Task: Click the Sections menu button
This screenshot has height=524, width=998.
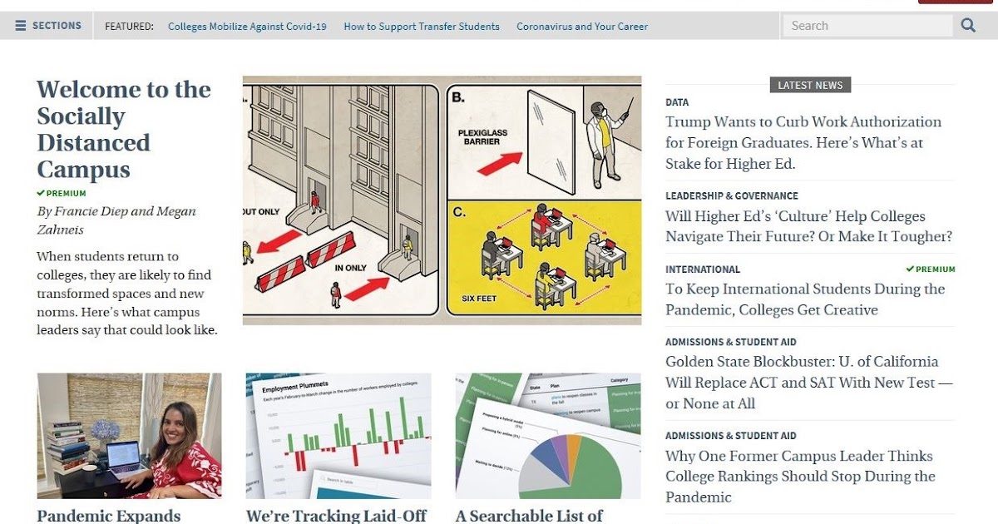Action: click(x=48, y=26)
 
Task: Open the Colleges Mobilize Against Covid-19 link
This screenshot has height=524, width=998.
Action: click(x=247, y=27)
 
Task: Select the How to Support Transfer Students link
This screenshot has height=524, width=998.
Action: click(x=422, y=27)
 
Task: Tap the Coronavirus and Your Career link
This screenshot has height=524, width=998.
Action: click(x=582, y=27)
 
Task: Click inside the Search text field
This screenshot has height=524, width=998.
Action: click(x=867, y=26)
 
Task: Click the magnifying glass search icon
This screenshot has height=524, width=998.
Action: click(x=968, y=26)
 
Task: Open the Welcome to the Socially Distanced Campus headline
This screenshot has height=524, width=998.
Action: click(x=123, y=129)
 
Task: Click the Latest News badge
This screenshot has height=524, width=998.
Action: click(x=810, y=85)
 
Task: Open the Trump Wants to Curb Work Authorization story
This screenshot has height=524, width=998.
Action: click(x=803, y=142)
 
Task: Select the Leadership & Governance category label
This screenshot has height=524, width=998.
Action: click(x=731, y=195)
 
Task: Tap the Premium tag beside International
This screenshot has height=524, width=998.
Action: click(x=931, y=269)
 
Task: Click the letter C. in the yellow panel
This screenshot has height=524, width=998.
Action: click(x=459, y=212)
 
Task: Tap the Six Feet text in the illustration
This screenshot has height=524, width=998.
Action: click(x=480, y=299)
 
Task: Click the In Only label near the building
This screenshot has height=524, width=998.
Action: click(x=350, y=269)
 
